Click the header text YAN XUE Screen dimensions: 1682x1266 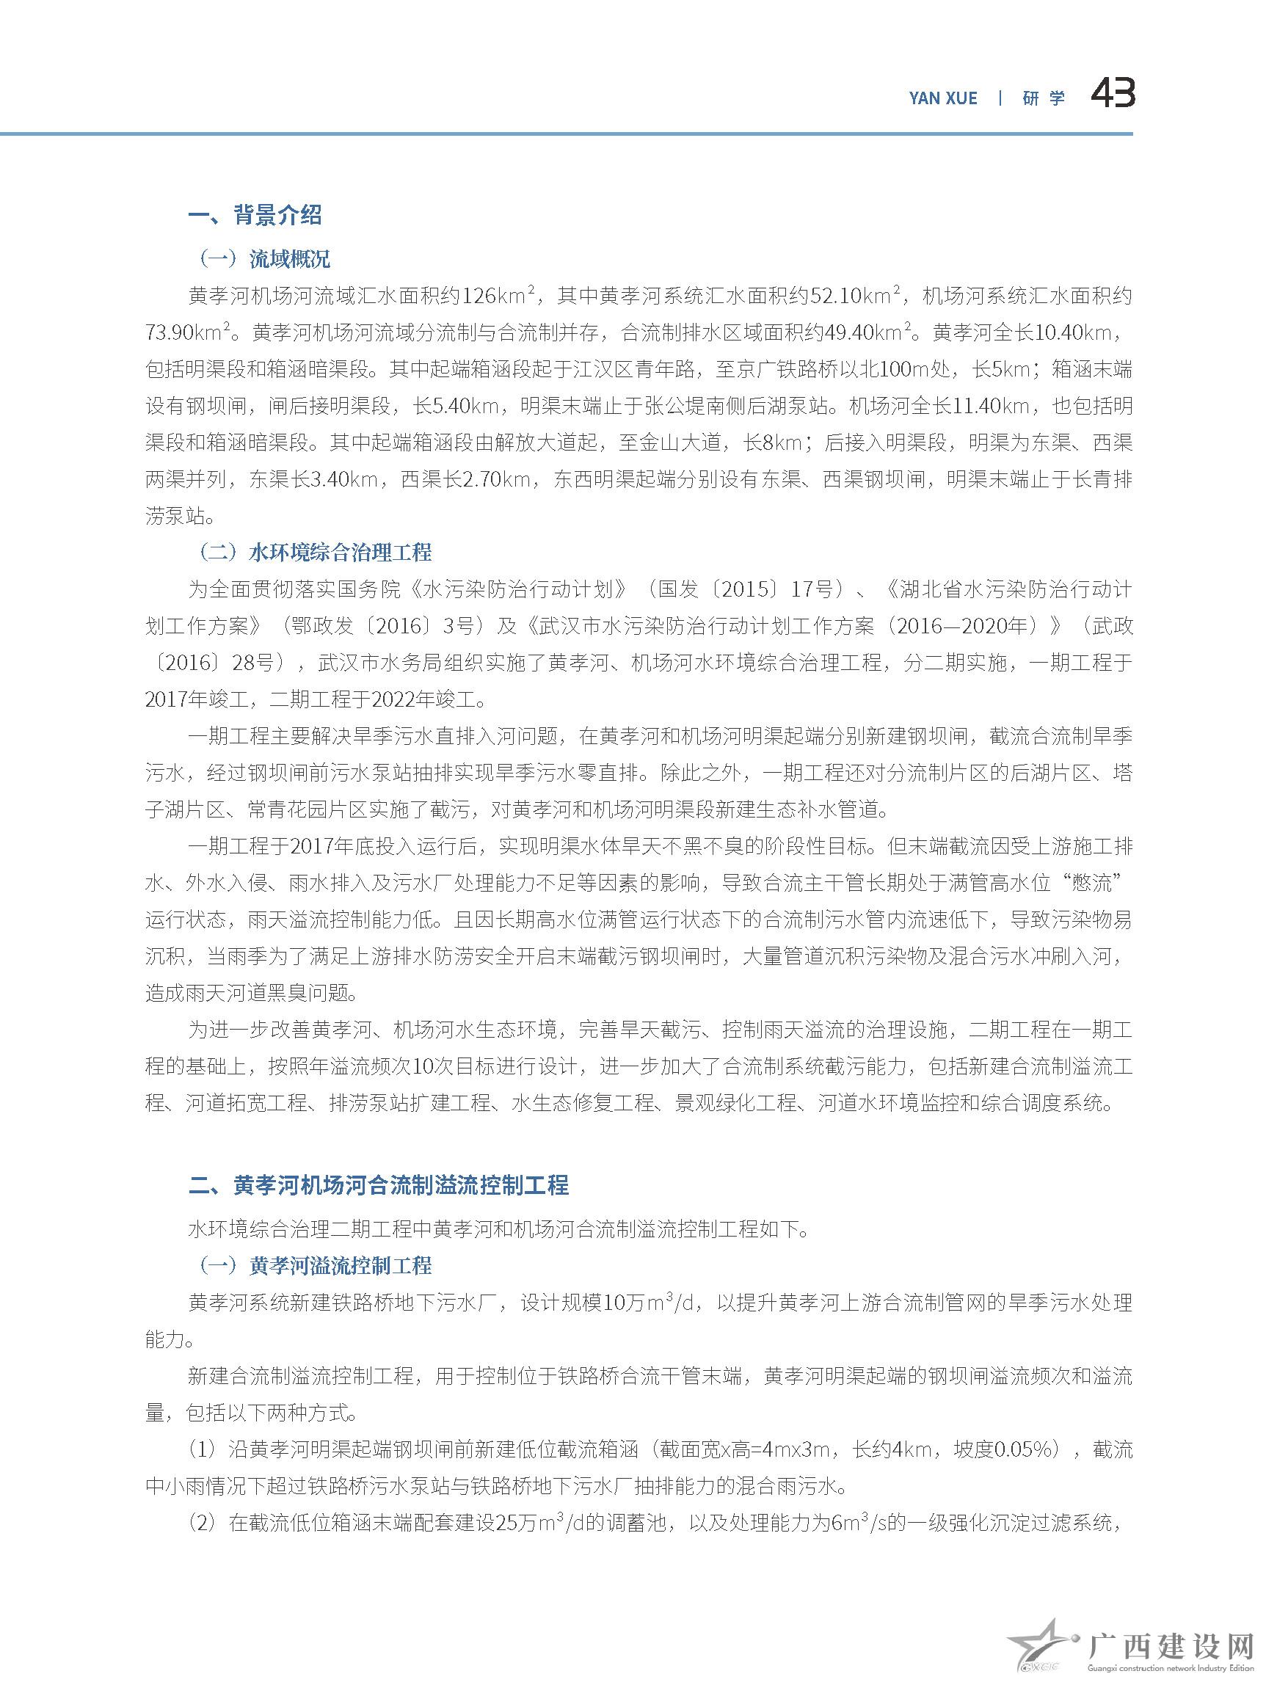943,98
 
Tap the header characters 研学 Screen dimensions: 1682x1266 1043,98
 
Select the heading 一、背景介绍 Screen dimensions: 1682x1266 255,215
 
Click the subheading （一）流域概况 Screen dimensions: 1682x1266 264,259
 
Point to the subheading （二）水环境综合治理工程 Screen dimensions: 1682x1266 314,553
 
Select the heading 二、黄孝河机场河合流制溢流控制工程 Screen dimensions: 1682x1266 379,1185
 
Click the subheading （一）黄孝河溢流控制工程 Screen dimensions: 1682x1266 314,1265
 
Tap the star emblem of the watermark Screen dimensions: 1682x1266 1041,1653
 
